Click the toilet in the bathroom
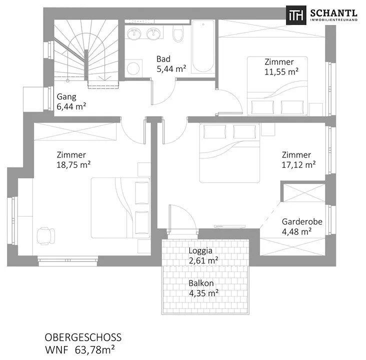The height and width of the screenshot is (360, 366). coord(178,34)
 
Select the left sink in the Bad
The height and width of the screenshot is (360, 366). coord(134,34)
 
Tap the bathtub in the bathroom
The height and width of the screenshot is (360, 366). coord(203,46)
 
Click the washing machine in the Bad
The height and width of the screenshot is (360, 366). coord(133,68)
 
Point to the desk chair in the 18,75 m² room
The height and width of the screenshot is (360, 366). coord(46,236)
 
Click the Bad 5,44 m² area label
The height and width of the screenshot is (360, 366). coord(171,64)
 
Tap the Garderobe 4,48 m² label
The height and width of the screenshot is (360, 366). coord(302,226)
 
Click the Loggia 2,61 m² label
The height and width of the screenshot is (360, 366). coord(203,255)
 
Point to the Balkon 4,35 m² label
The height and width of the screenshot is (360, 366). coord(203,288)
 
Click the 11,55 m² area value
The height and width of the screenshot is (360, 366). coord(281,71)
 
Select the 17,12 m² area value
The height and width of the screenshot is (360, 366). coord(299,165)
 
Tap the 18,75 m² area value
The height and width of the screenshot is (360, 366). coord(73,165)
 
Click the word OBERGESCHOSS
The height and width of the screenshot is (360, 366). coord(83,337)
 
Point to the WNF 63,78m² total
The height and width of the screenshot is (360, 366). coord(80,350)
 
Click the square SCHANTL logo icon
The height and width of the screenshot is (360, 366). coord(296,15)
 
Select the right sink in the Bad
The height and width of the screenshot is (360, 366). coord(153,34)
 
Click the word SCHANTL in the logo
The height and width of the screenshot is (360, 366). coord(334,13)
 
